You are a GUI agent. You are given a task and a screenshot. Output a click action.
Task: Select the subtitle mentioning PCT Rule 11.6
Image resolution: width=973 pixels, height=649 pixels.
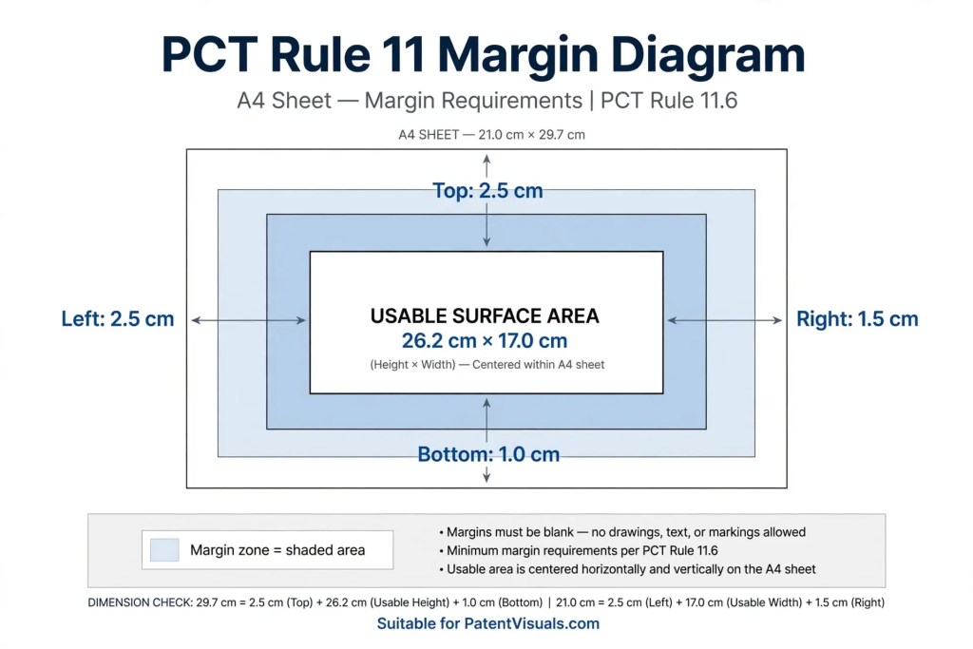[487, 101]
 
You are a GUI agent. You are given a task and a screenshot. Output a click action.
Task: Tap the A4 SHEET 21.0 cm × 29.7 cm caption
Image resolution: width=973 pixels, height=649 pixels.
[491, 135]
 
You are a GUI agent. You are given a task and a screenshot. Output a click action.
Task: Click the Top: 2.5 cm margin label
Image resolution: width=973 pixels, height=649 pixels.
[487, 190]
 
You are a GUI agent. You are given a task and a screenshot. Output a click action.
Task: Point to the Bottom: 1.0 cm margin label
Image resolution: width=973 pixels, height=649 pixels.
[488, 454]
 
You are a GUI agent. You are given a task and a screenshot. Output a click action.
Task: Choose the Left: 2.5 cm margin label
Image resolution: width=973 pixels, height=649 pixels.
[117, 319]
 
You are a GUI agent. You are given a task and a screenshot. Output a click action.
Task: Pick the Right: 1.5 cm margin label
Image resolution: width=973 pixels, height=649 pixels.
[857, 319]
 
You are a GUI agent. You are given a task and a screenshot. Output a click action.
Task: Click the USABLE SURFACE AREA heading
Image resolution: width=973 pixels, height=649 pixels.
[485, 315]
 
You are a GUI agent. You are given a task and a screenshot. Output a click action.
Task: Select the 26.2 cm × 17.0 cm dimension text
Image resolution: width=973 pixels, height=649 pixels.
[485, 340]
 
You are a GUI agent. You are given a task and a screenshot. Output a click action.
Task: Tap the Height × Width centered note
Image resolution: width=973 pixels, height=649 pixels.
[487, 365]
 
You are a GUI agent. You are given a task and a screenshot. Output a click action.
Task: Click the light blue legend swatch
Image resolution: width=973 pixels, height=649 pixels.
[164, 550]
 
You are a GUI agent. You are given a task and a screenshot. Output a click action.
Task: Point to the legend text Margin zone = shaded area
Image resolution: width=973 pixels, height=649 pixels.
[277, 550]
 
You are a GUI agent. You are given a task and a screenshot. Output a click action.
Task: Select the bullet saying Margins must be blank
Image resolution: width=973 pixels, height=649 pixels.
[622, 532]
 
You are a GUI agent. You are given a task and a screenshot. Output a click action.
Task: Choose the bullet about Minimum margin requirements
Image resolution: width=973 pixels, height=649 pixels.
[579, 551]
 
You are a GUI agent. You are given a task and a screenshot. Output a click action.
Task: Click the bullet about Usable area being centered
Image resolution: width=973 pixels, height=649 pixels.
[627, 569]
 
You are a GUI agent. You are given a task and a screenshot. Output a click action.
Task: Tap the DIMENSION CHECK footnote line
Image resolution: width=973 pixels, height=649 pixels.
[486, 602]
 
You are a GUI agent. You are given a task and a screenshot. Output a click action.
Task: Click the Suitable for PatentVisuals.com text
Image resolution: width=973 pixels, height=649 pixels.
[488, 623]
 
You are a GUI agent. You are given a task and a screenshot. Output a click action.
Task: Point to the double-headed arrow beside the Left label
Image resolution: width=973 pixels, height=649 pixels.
[249, 320]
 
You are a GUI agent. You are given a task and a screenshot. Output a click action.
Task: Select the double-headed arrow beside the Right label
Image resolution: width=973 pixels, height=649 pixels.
[725, 320]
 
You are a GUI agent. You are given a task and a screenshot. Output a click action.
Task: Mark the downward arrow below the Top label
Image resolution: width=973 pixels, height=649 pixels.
[486, 224]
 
